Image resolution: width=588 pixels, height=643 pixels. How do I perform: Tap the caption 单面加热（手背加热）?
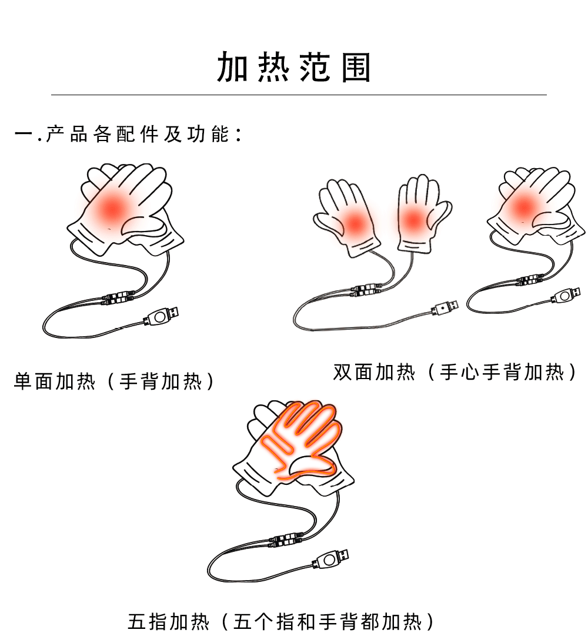pos(115,381)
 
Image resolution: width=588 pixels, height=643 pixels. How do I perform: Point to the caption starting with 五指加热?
pos(282,621)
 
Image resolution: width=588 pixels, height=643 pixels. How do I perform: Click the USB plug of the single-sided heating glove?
pos(162,317)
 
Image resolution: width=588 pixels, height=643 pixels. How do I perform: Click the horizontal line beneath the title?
pos(299,95)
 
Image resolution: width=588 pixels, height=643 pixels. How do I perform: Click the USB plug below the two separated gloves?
pos(445,306)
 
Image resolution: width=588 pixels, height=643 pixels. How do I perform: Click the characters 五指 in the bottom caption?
pos(148,621)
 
